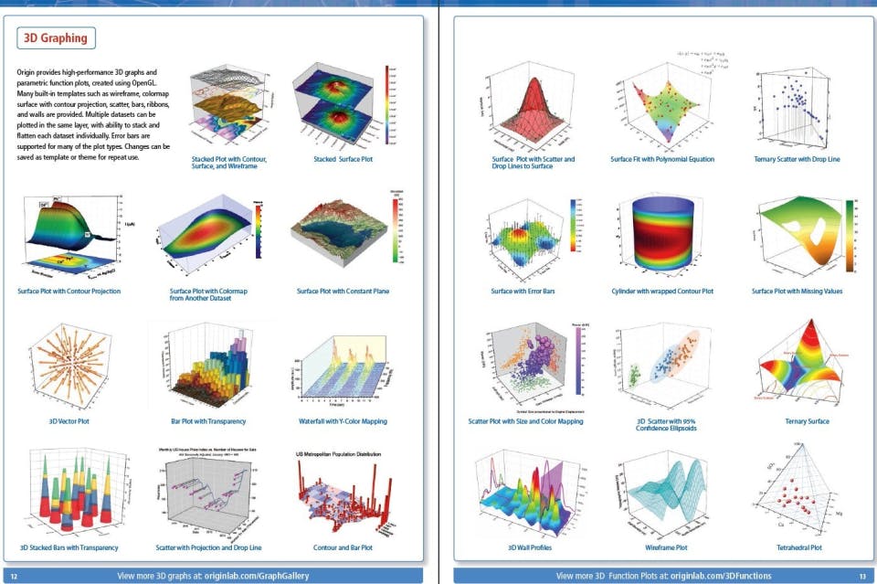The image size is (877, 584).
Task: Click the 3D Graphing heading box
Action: [56, 38]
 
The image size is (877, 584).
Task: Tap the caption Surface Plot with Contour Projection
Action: [69, 291]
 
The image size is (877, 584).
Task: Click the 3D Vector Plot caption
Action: [69, 421]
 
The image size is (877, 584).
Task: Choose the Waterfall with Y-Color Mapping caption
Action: [343, 421]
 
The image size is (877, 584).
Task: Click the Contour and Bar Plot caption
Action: [343, 547]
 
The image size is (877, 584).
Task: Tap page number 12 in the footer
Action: [15, 576]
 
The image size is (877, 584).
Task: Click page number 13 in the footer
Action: [861, 576]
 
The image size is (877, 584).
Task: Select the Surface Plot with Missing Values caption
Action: [797, 291]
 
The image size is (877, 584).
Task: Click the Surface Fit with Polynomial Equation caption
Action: [662, 159]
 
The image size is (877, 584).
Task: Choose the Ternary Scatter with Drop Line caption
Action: [797, 159]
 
